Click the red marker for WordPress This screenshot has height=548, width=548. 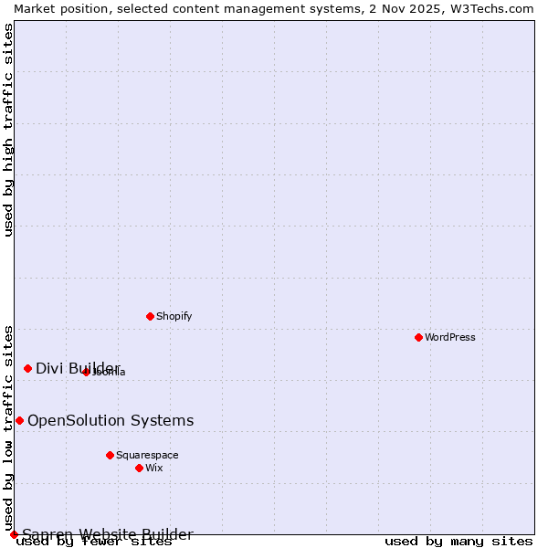(418, 337)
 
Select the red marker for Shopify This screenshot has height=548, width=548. (150, 316)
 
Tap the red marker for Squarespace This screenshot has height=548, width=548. (110, 455)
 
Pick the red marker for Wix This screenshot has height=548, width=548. (139, 468)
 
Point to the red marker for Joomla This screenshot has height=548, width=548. (86, 372)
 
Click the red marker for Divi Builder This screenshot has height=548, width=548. (27, 368)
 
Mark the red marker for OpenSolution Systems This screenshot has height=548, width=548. (19, 420)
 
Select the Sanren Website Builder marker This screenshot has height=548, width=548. (14, 534)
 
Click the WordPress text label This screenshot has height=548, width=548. (450, 337)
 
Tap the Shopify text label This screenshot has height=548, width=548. (174, 316)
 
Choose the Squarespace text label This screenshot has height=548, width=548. (147, 455)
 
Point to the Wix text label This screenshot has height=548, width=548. (153, 468)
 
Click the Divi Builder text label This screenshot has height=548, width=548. (78, 368)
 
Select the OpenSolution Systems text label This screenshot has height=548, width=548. (111, 420)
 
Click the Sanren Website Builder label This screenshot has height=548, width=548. (108, 534)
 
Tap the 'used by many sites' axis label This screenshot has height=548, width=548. (458, 542)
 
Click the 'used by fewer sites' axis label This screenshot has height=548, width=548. (94, 542)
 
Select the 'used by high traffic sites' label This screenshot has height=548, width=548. (9, 130)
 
